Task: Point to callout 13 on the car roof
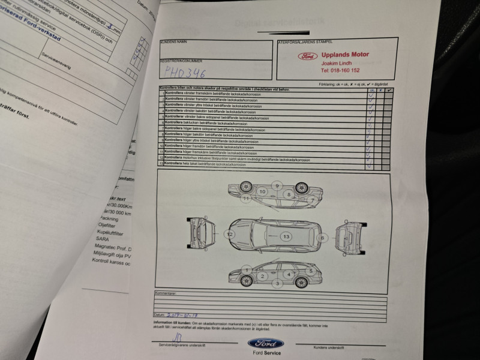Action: click(x=286, y=237)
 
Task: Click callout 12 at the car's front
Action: click(x=229, y=234)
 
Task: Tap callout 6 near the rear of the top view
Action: click(x=322, y=238)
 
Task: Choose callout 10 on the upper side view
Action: click(x=262, y=191)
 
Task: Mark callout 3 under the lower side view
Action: click(x=277, y=283)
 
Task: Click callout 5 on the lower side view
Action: click(x=311, y=270)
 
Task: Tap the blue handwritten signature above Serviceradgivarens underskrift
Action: click(x=172, y=337)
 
